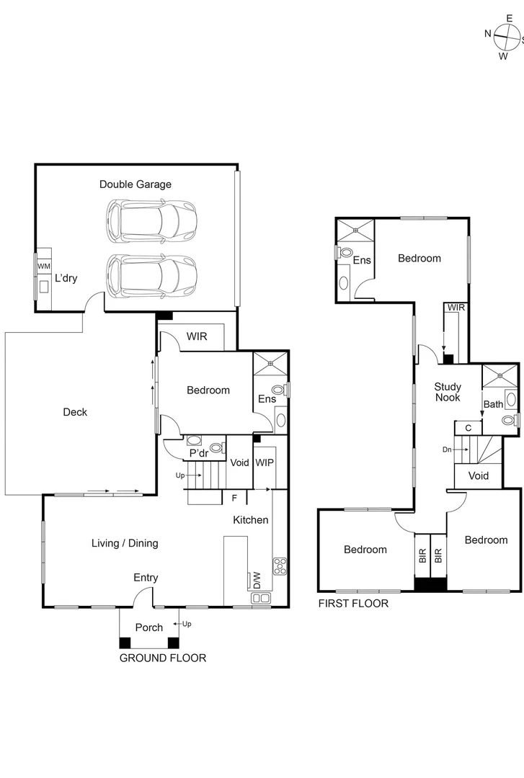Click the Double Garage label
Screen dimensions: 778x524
click(136, 184)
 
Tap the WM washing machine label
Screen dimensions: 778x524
click(43, 267)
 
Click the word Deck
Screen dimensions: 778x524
click(75, 412)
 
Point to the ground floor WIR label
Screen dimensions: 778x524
click(197, 336)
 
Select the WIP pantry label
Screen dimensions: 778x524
click(265, 462)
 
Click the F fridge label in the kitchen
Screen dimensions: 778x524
click(234, 497)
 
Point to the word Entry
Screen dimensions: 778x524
click(146, 578)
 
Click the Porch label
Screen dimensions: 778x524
click(149, 627)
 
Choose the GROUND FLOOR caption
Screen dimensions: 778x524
click(162, 658)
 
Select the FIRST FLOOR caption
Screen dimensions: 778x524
click(353, 604)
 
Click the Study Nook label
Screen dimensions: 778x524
click(447, 392)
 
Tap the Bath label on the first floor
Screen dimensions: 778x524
click(493, 404)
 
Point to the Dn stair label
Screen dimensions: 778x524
click(447, 450)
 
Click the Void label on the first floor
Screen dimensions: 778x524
click(478, 475)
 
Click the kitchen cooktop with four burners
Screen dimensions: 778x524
click(280, 565)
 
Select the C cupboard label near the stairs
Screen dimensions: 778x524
click(468, 428)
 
